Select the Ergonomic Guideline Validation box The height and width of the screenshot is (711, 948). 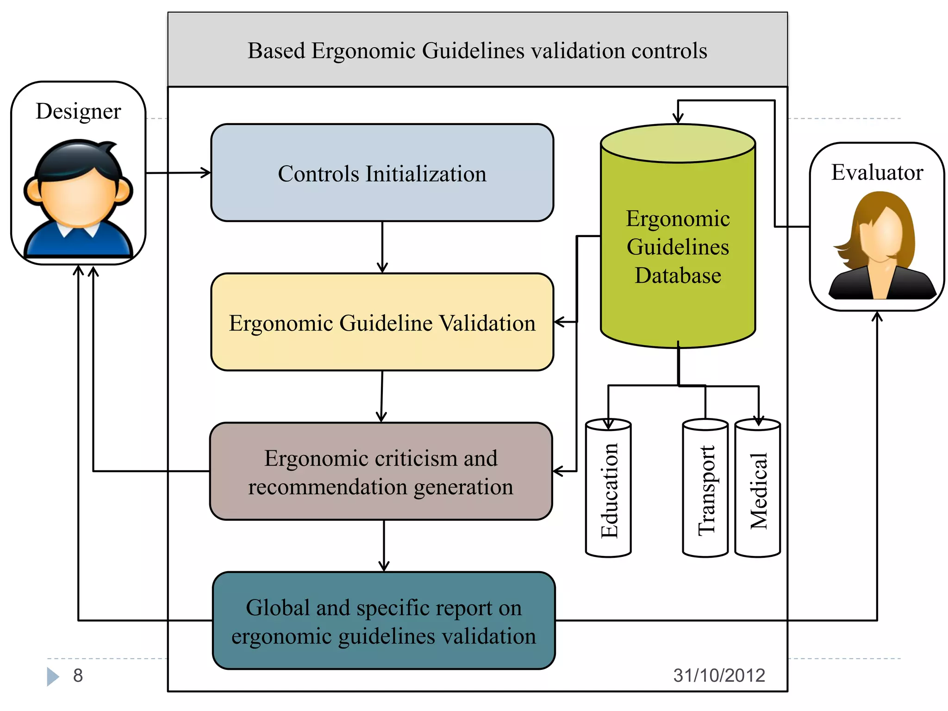pos(382,322)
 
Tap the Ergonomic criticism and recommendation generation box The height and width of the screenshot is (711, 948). pos(380,471)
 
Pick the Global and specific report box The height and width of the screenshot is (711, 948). pos(383,621)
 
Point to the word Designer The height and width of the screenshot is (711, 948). pos(78,111)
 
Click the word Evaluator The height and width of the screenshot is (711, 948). pos(877,172)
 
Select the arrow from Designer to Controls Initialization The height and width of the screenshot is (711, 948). pos(178,173)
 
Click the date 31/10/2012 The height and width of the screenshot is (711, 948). pos(719,675)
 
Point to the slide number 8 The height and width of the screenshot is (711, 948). pos(78,675)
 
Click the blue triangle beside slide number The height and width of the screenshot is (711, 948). pos(52,676)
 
